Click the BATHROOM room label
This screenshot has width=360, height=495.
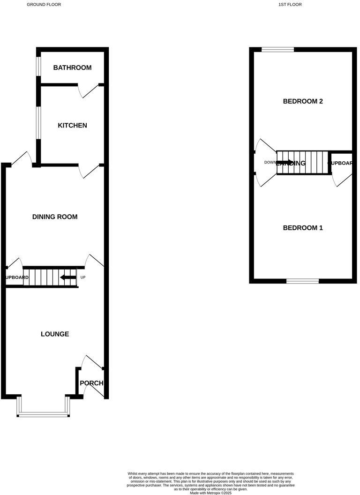pyautogui.click(x=72, y=67)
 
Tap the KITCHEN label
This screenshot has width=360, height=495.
pyautogui.click(x=72, y=125)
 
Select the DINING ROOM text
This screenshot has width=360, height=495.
pyautogui.click(x=55, y=217)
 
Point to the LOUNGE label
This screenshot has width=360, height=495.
pyautogui.click(x=55, y=334)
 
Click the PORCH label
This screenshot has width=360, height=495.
pyautogui.click(x=91, y=383)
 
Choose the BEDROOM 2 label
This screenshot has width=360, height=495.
pyautogui.click(x=303, y=101)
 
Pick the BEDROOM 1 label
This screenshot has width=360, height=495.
pyautogui.click(x=303, y=228)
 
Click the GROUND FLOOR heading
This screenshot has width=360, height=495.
pyautogui.click(x=44, y=4)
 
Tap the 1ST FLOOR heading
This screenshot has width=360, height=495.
pyautogui.click(x=290, y=4)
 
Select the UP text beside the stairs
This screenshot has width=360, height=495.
pyautogui.click(x=83, y=277)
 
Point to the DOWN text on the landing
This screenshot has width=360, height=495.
pyautogui.click(x=270, y=163)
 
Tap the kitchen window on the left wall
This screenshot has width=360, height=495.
pyautogui.click(x=38, y=123)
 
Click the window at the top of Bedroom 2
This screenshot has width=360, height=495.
pyautogui.click(x=277, y=49)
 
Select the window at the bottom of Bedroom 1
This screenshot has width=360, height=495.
pyautogui.click(x=303, y=281)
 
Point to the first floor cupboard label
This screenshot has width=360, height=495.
pyautogui.click(x=341, y=163)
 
